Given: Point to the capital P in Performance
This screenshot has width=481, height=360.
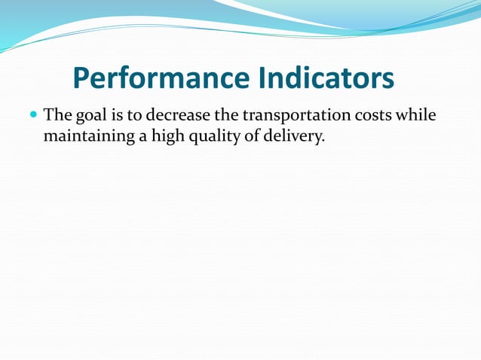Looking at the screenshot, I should [82, 78].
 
